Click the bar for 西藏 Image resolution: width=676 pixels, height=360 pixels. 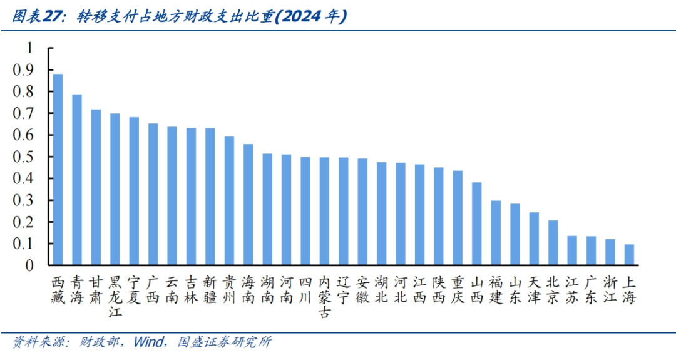(58, 169)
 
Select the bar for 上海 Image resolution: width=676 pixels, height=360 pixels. (629, 255)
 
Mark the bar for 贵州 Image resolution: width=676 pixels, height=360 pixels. (229, 200)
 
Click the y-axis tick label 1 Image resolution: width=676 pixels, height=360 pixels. (29, 48)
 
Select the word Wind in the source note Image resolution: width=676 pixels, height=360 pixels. (148, 342)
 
